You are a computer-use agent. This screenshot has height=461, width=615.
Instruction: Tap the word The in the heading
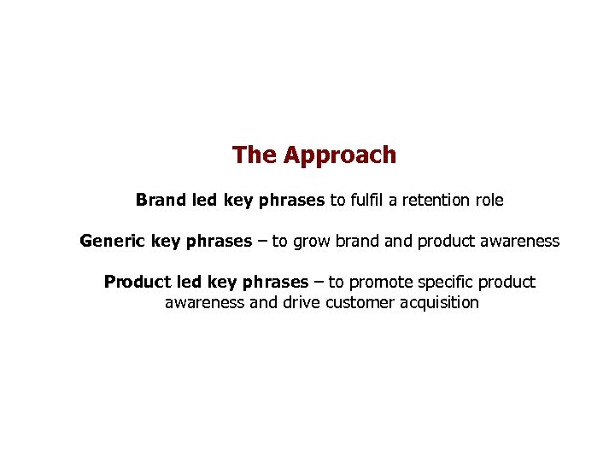tap(254, 155)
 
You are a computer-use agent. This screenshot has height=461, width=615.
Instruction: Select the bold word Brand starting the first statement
tap(161, 201)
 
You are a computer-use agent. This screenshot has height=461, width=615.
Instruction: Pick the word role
tap(489, 201)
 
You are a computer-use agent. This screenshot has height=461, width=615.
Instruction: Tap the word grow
tap(313, 242)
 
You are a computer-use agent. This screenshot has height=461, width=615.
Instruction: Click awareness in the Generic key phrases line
tap(520, 242)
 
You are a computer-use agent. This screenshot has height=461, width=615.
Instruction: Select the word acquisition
tap(439, 302)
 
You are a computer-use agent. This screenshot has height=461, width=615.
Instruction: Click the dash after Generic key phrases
tap(262, 242)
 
